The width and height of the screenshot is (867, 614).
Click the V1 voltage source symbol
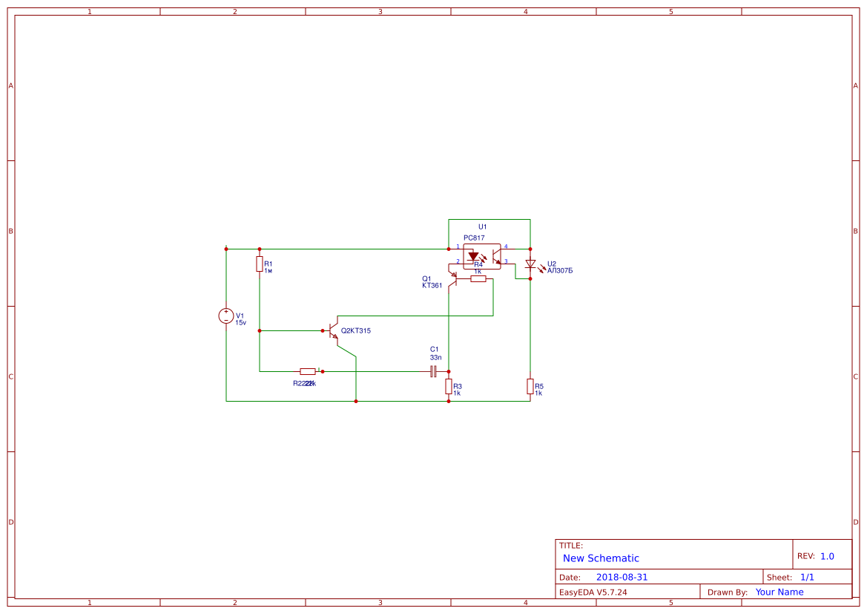226,316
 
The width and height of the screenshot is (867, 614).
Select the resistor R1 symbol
260,264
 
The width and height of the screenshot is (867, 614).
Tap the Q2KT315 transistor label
356,330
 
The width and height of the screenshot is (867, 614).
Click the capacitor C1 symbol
433,371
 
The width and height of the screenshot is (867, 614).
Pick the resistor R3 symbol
449,386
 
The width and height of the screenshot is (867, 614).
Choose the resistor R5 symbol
530,386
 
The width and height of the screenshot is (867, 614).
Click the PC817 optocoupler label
474,238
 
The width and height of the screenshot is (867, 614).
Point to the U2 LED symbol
530,264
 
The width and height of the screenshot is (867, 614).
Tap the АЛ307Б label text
560,271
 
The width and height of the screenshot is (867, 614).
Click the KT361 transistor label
432,285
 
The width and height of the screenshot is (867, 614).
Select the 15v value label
241,323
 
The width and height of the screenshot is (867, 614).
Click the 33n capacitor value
435,357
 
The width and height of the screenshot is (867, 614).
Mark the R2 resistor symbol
308,371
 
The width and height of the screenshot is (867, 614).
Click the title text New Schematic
601,558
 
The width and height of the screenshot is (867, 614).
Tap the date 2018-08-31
622,577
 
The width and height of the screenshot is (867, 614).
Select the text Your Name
779,592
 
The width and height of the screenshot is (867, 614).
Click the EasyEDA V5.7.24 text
593,592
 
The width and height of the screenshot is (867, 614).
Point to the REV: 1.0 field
816,556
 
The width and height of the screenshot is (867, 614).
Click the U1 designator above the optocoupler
482,226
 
